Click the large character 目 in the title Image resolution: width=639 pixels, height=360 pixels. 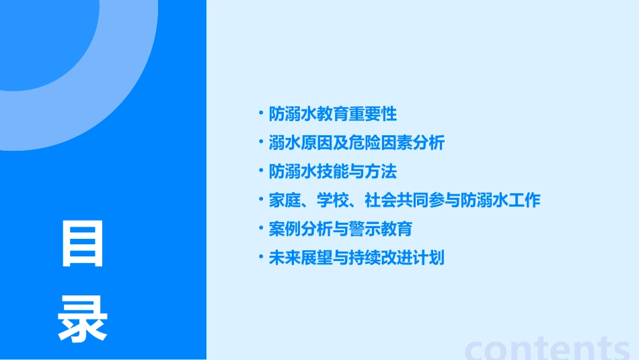click(x=83, y=244)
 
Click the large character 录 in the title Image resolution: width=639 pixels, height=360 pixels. click(x=83, y=320)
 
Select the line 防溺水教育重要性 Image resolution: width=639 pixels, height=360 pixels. click(x=333, y=114)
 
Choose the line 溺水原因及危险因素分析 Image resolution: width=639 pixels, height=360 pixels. click(x=356, y=143)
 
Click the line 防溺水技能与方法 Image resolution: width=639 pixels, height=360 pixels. click(x=333, y=172)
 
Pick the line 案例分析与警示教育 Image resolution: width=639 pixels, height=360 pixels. click(x=340, y=229)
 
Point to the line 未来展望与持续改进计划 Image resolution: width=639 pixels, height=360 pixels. click(x=356, y=258)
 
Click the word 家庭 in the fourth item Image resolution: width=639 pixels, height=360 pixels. click(x=283, y=201)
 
